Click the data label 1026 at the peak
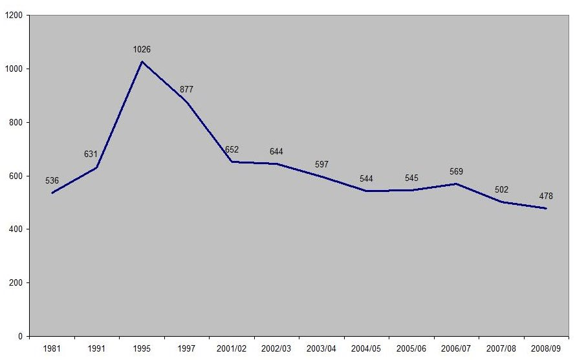coord(142,50)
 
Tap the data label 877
coord(186,90)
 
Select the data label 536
coord(52,181)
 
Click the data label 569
coord(457,171)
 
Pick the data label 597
coord(321,164)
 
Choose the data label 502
coord(501,189)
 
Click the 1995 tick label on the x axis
coord(142,349)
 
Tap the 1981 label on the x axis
coord(52,349)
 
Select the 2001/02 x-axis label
coord(232,349)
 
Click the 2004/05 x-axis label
coord(366,349)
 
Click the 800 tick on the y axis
coord(15,122)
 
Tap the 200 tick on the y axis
coord(15,283)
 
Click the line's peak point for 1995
coord(142,61)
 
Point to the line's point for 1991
coord(97,167)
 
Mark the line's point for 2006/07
coord(457,184)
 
